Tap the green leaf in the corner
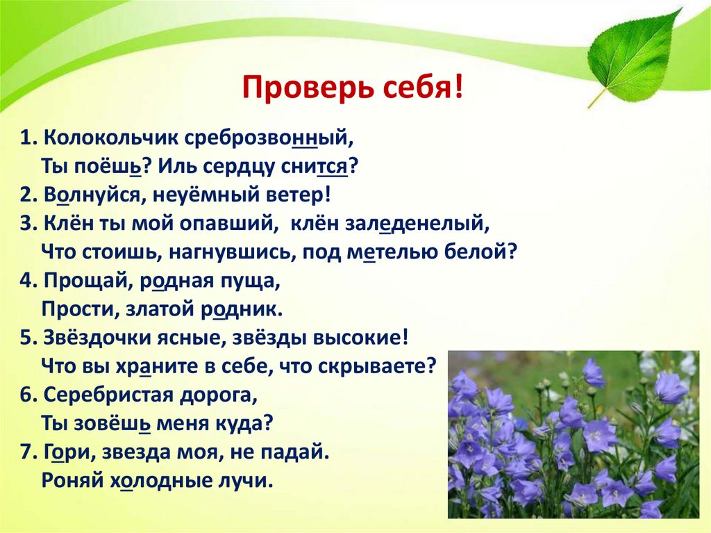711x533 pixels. coord(633,55)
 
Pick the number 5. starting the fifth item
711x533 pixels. coord(28,340)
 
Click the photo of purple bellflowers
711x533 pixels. coord(573,434)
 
